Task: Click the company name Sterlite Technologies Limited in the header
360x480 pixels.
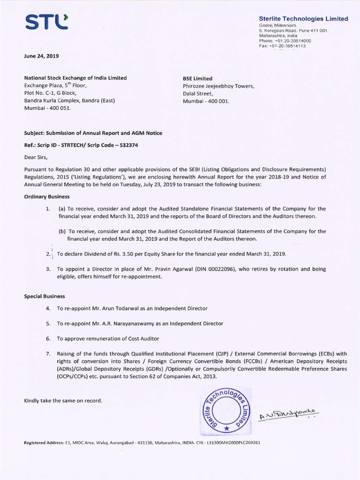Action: tap(303, 19)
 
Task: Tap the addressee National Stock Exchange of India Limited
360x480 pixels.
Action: tap(75, 78)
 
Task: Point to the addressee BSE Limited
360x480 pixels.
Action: tap(197, 78)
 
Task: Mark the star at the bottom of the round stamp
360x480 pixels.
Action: tap(226, 428)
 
